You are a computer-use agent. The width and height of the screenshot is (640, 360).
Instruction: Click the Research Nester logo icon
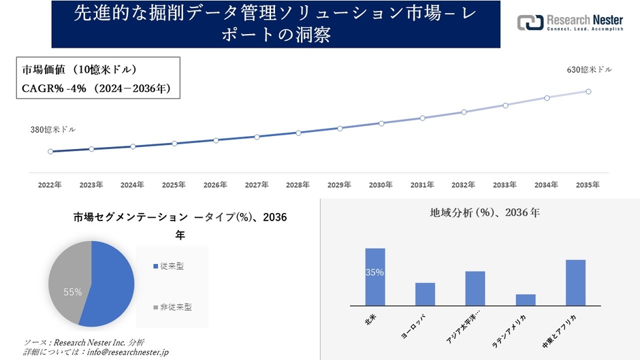tap(530, 23)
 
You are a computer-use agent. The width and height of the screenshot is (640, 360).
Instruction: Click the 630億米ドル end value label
tap(589, 70)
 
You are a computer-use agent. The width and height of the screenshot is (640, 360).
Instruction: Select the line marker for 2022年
tap(50, 152)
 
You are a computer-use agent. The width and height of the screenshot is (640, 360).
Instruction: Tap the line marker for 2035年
tap(588, 91)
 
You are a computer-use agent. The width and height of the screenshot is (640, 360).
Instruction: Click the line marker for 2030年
tap(381, 123)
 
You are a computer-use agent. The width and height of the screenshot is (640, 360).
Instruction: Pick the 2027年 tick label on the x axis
tap(257, 185)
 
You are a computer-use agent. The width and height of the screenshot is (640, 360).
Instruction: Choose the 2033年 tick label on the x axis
tap(505, 185)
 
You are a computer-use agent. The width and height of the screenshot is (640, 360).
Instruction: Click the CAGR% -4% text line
tap(96, 88)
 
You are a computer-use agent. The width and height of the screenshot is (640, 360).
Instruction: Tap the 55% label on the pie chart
tap(73, 292)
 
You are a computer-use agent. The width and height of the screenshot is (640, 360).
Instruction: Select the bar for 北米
tap(375, 277)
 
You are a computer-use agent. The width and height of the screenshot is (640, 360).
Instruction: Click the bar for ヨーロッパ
tap(426, 294)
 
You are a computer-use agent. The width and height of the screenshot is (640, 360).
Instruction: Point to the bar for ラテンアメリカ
tap(526, 299)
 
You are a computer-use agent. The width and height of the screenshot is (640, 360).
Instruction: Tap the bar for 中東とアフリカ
tap(575, 282)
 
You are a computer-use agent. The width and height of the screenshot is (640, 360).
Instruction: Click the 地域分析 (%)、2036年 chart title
tap(485, 213)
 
